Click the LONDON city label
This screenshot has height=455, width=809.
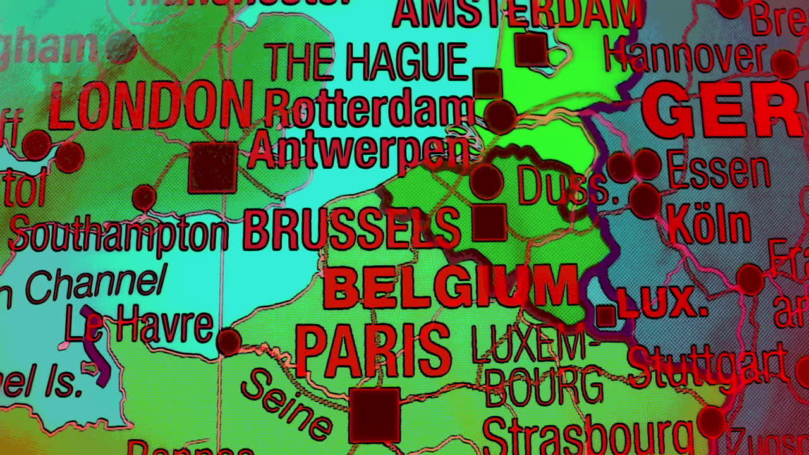coord(150,106)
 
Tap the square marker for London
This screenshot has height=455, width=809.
coord(212,167)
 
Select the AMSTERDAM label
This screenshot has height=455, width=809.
coord(515,13)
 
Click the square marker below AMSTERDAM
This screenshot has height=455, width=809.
coord(531,49)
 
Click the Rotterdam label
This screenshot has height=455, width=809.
coord(369,109)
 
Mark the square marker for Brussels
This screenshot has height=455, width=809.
coord(489,222)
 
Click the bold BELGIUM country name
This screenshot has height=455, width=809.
coord(451,286)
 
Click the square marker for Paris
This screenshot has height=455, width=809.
coord(374,415)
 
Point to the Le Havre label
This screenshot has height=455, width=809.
coord(139,324)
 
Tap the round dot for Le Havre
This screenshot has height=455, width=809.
coord(228,341)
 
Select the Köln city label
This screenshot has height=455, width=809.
coord(709,224)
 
